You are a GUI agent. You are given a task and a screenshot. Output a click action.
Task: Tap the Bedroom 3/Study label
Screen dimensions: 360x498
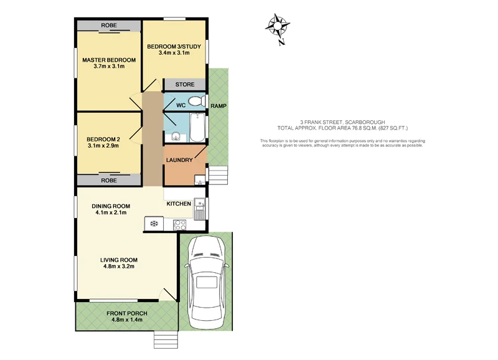[x=174, y=47]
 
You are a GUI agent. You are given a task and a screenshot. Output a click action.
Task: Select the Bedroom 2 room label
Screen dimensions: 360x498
[x=102, y=139]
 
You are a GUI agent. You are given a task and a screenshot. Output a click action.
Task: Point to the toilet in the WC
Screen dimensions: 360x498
[x=197, y=101]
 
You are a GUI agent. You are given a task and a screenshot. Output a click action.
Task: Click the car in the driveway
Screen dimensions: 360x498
[x=206, y=281]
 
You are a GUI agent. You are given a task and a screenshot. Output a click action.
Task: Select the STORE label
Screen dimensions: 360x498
[x=184, y=85]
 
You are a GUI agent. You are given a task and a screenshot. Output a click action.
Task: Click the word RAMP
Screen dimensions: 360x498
[x=218, y=107]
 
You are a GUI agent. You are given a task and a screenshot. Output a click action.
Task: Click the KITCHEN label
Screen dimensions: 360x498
[x=178, y=204]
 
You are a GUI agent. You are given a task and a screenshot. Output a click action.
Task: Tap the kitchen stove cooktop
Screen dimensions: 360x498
[x=178, y=224]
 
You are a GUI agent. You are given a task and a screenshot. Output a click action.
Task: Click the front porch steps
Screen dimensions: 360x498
[x=166, y=339]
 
